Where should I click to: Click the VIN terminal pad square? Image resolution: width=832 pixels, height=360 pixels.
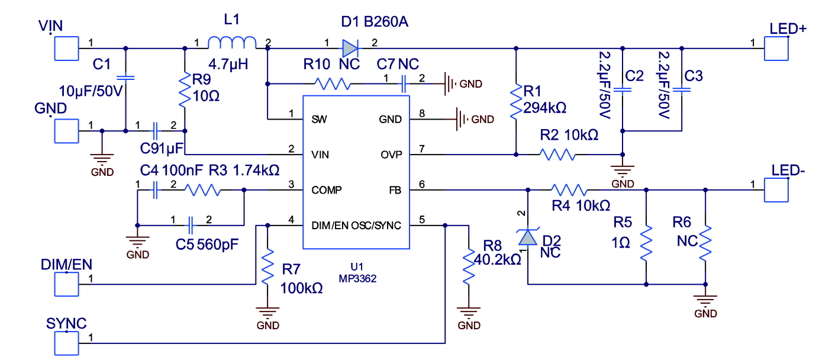pos(66,48)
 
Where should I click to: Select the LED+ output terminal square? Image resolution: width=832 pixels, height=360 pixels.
pos(776,48)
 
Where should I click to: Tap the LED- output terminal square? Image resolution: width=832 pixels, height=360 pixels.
pos(776,190)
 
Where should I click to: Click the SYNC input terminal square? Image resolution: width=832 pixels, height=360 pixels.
pos(66,342)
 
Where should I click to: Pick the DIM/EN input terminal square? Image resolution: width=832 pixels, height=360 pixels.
pos(66,284)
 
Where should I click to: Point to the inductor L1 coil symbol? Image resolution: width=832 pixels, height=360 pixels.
pos(232,43)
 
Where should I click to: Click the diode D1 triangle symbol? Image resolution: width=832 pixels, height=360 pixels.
pos(350,48)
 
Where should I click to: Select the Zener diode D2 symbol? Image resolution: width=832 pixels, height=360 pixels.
pos(527,237)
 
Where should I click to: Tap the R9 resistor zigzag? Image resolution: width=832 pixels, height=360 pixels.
pos(185,89)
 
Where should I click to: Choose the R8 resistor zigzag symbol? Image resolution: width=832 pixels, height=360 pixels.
pos(469,266)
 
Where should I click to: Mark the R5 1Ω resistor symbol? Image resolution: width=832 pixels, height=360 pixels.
pos(646,243)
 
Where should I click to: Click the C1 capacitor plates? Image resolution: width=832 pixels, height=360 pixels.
pos(125,78)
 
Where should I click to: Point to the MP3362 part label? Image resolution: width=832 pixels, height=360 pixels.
pos(357,277)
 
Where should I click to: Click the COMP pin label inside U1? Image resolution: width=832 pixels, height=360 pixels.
pos(326,190)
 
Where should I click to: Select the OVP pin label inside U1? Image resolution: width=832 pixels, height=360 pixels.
pos(391,155)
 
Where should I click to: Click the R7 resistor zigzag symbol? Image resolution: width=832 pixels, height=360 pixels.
pos(267,266)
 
